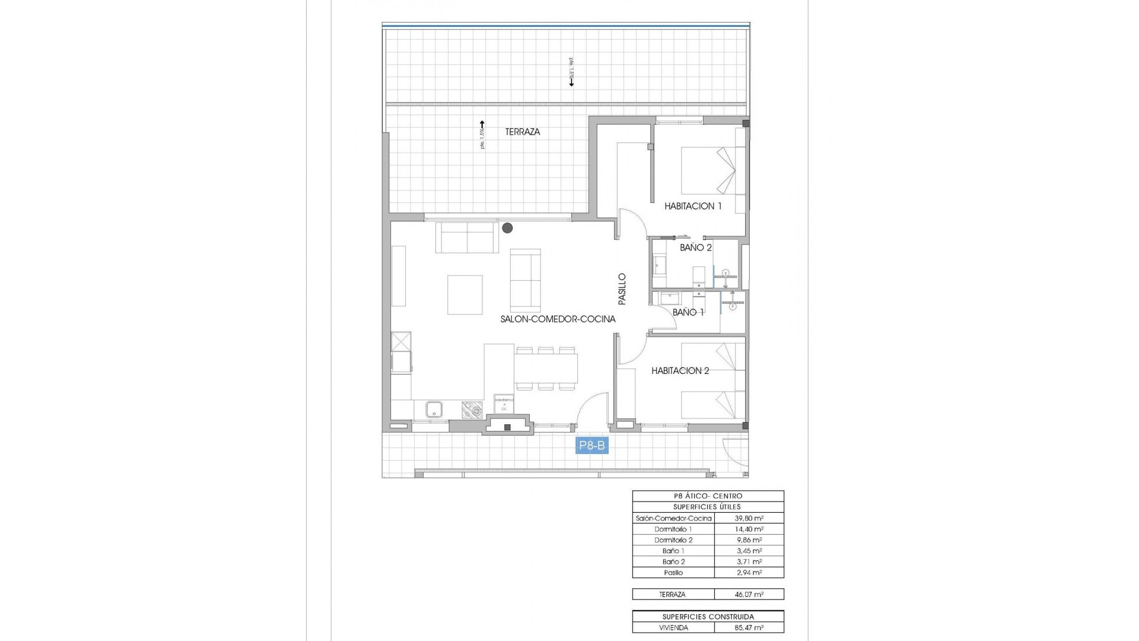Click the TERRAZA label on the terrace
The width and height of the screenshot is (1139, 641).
523,132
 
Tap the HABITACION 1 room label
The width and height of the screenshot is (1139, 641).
693,207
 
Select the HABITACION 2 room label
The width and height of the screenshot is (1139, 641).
680,371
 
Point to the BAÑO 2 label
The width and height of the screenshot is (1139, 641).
695,247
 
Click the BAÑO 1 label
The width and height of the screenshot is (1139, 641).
688,312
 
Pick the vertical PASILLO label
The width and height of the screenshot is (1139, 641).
622,289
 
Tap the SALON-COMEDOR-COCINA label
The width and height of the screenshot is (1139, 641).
558,319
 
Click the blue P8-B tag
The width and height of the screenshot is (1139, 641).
592,446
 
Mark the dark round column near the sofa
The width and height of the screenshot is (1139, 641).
507,227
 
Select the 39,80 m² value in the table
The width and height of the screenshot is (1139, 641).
749,518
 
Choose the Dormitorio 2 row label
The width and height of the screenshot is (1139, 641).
673,540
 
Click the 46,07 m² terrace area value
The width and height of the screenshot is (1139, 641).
749,594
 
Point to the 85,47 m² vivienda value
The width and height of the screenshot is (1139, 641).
749,627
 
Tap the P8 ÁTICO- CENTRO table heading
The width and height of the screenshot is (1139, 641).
708,496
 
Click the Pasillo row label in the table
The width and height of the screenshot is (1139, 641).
673,573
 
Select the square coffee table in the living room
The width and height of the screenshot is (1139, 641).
465,294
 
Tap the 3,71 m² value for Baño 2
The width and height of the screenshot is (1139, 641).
749,561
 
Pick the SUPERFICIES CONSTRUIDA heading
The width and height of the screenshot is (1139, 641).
708,617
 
